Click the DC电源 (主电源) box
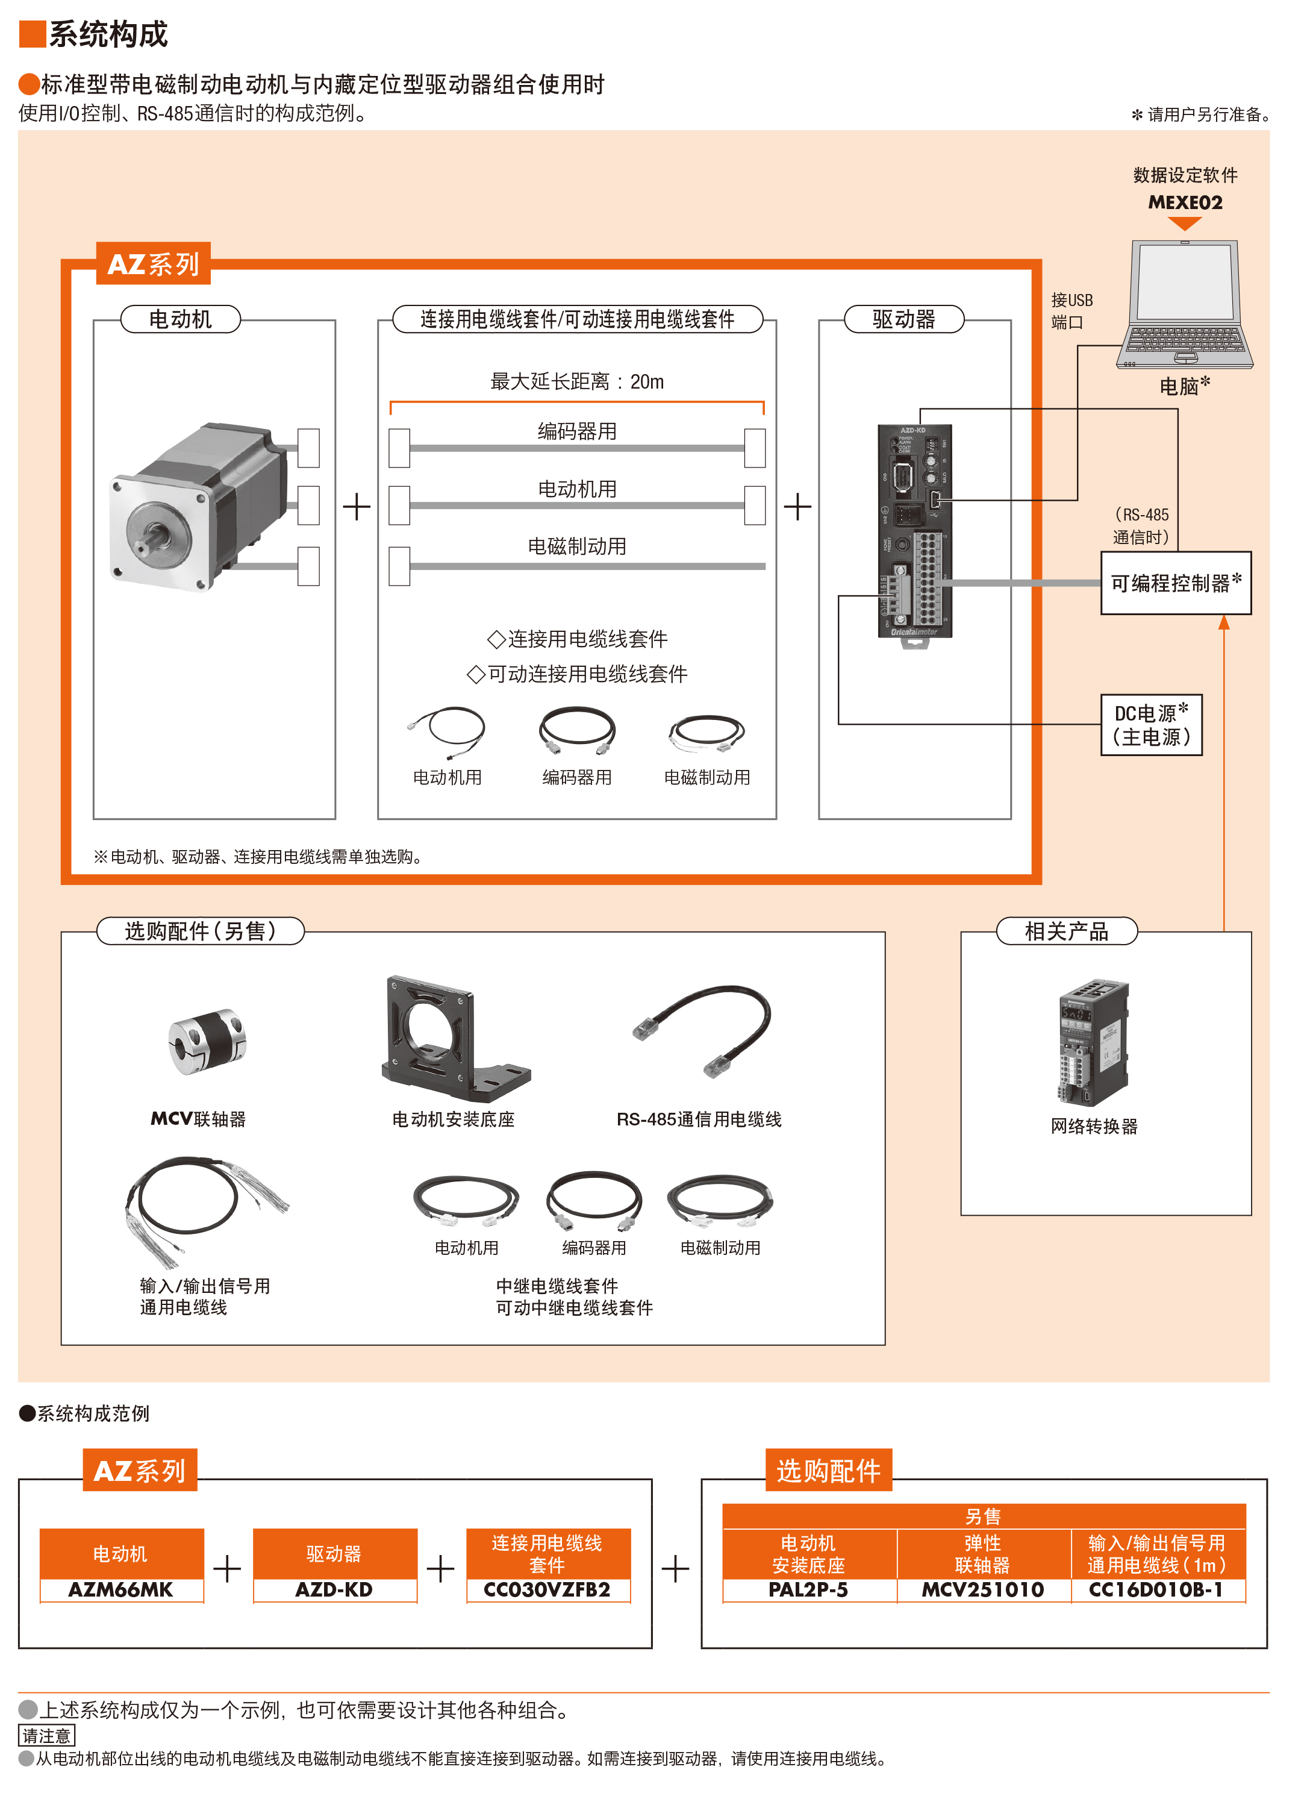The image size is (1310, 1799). [1152, 725]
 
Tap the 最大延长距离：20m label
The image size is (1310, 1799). [576, 383]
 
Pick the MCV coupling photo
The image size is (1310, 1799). [208, 1042]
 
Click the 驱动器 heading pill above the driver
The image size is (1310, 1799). [904, 320]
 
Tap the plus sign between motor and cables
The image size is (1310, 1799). [357, 506]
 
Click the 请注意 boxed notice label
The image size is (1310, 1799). [47, 1736]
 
